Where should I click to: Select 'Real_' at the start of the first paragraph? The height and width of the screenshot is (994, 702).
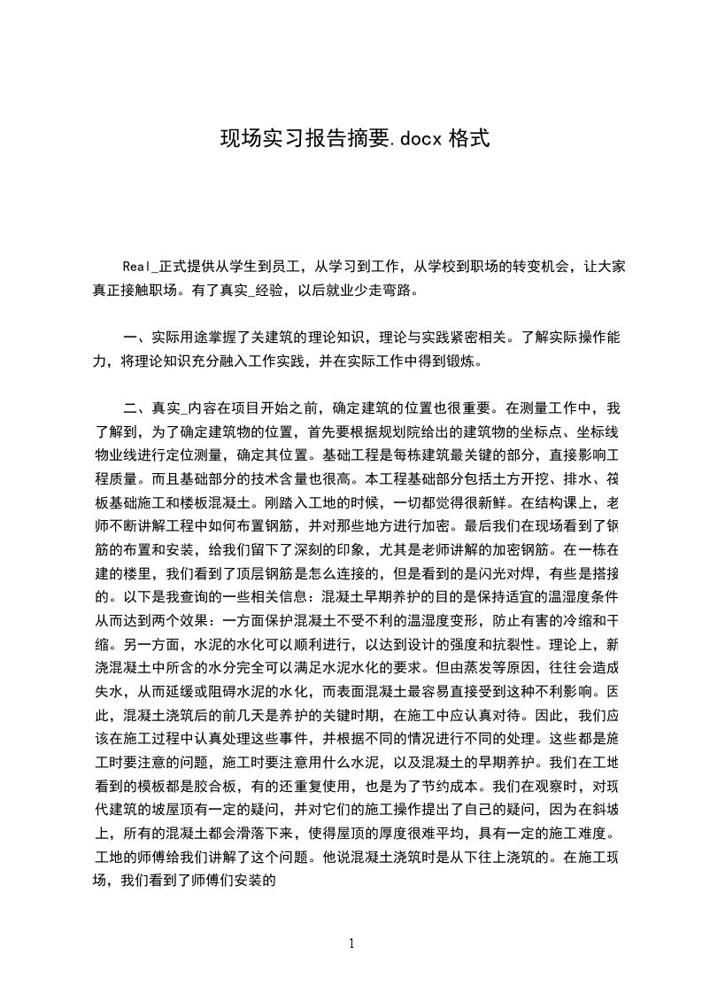[x=141, y=267]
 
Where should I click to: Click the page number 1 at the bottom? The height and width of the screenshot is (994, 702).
[x=351, y=944]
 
